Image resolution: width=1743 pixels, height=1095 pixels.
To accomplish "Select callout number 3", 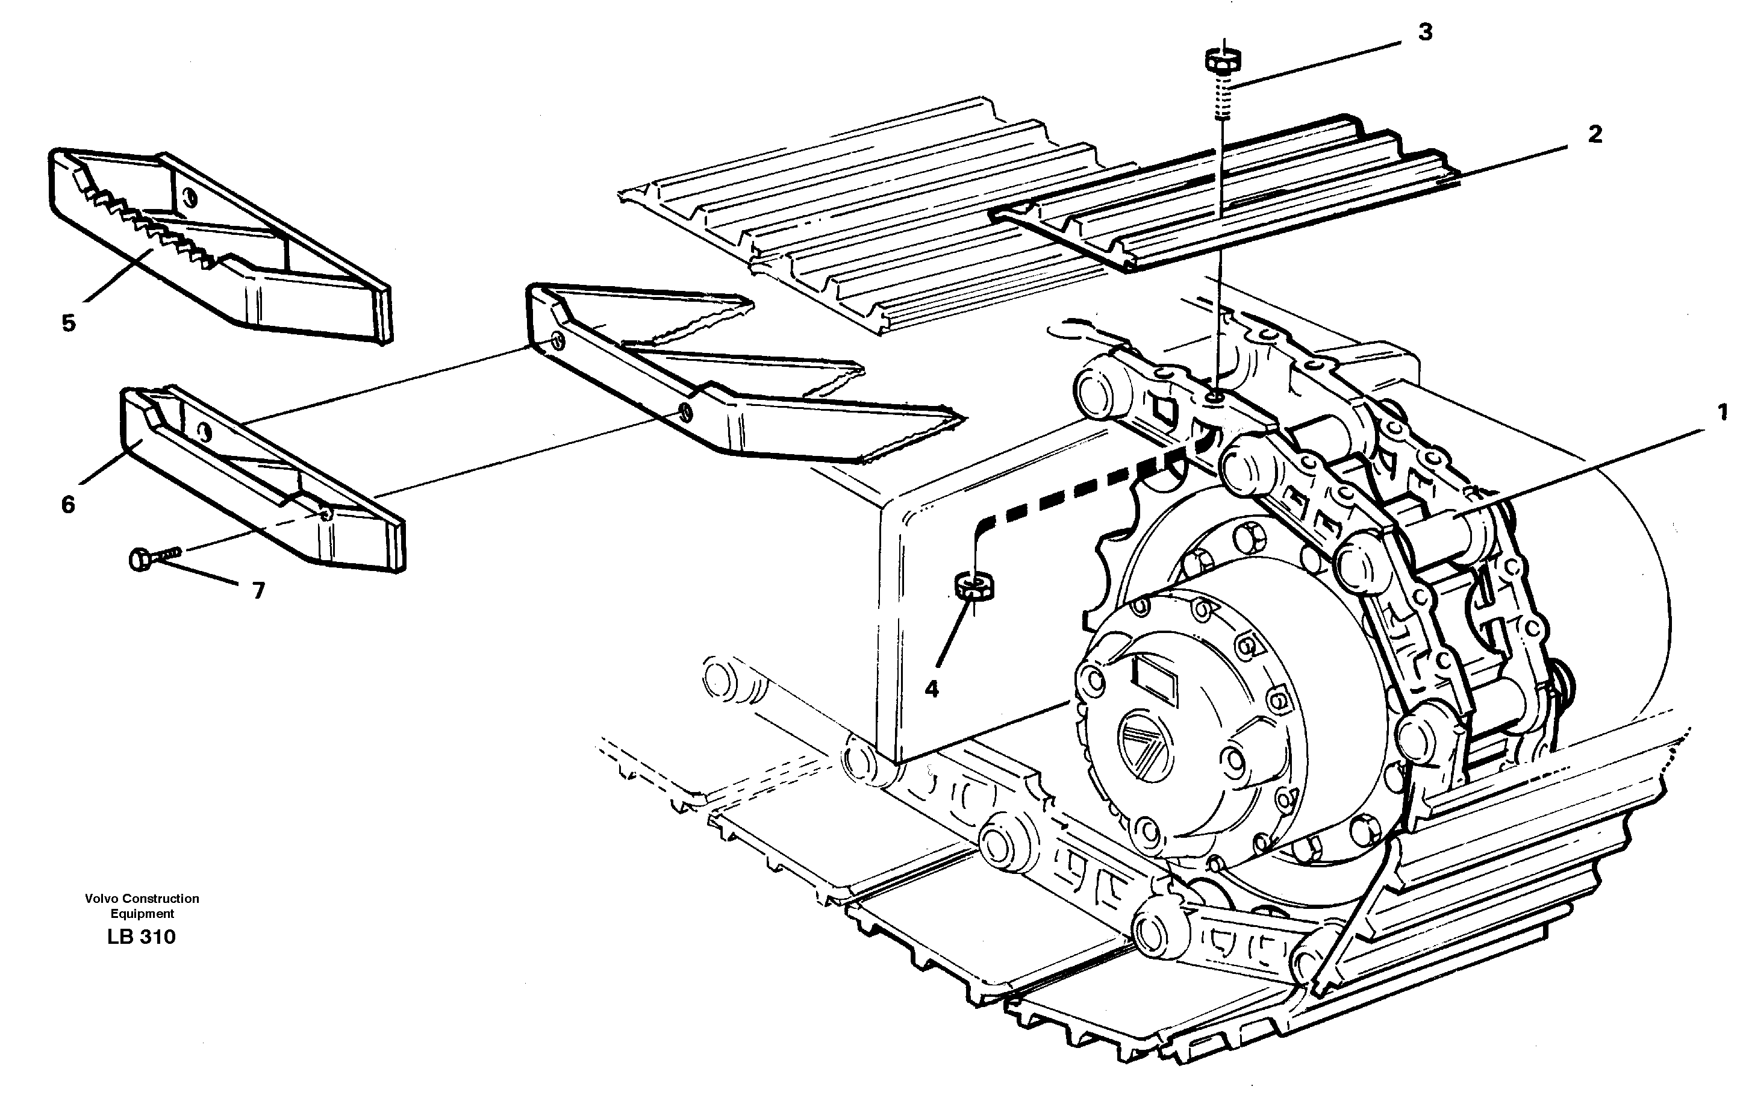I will tap(1424, 33).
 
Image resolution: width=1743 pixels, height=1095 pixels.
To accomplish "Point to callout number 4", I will tap(932, 689).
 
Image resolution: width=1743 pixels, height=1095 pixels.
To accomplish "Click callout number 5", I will tap(69, 323).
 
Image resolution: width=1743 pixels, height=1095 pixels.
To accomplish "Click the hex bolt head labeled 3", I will tap(1223, 60).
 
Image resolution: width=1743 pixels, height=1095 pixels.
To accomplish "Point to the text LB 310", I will tap(141, 937).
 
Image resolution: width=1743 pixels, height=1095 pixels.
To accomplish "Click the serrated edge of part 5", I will tap(145, 217).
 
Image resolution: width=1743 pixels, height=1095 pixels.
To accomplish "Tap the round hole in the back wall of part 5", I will tap(190, 195).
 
